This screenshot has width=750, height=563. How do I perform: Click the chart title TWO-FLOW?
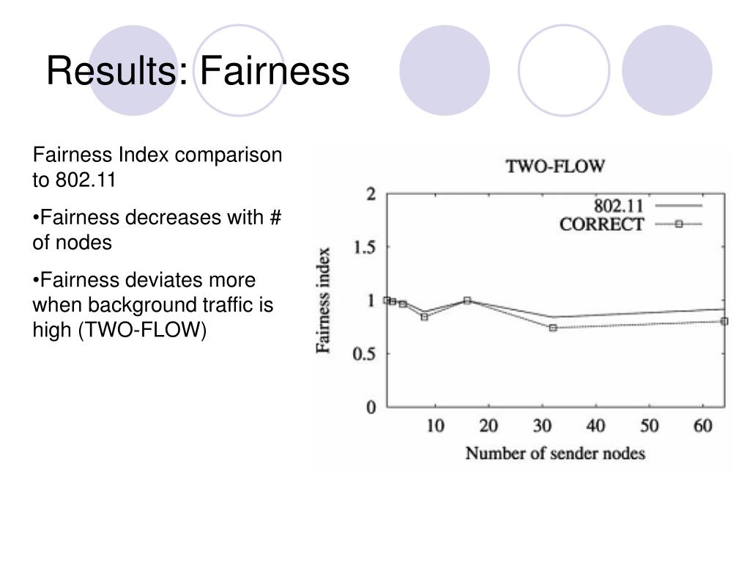555,166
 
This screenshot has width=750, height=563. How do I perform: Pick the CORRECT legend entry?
601,225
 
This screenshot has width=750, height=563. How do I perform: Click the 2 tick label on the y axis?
371,194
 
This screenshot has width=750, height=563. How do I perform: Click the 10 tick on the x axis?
435,426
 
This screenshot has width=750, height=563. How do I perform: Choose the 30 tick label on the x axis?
542,426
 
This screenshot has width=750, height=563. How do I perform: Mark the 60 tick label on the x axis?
703,426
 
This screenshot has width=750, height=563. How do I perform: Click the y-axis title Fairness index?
324,301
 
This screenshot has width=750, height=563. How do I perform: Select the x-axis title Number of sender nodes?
555,453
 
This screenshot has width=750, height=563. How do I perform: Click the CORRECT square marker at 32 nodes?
553,328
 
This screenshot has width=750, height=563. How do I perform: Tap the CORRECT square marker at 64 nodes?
724,321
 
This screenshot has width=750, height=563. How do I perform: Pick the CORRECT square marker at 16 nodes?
467,301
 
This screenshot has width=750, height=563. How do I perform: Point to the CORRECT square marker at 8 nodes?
424,317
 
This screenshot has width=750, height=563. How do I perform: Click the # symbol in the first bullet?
275,218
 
